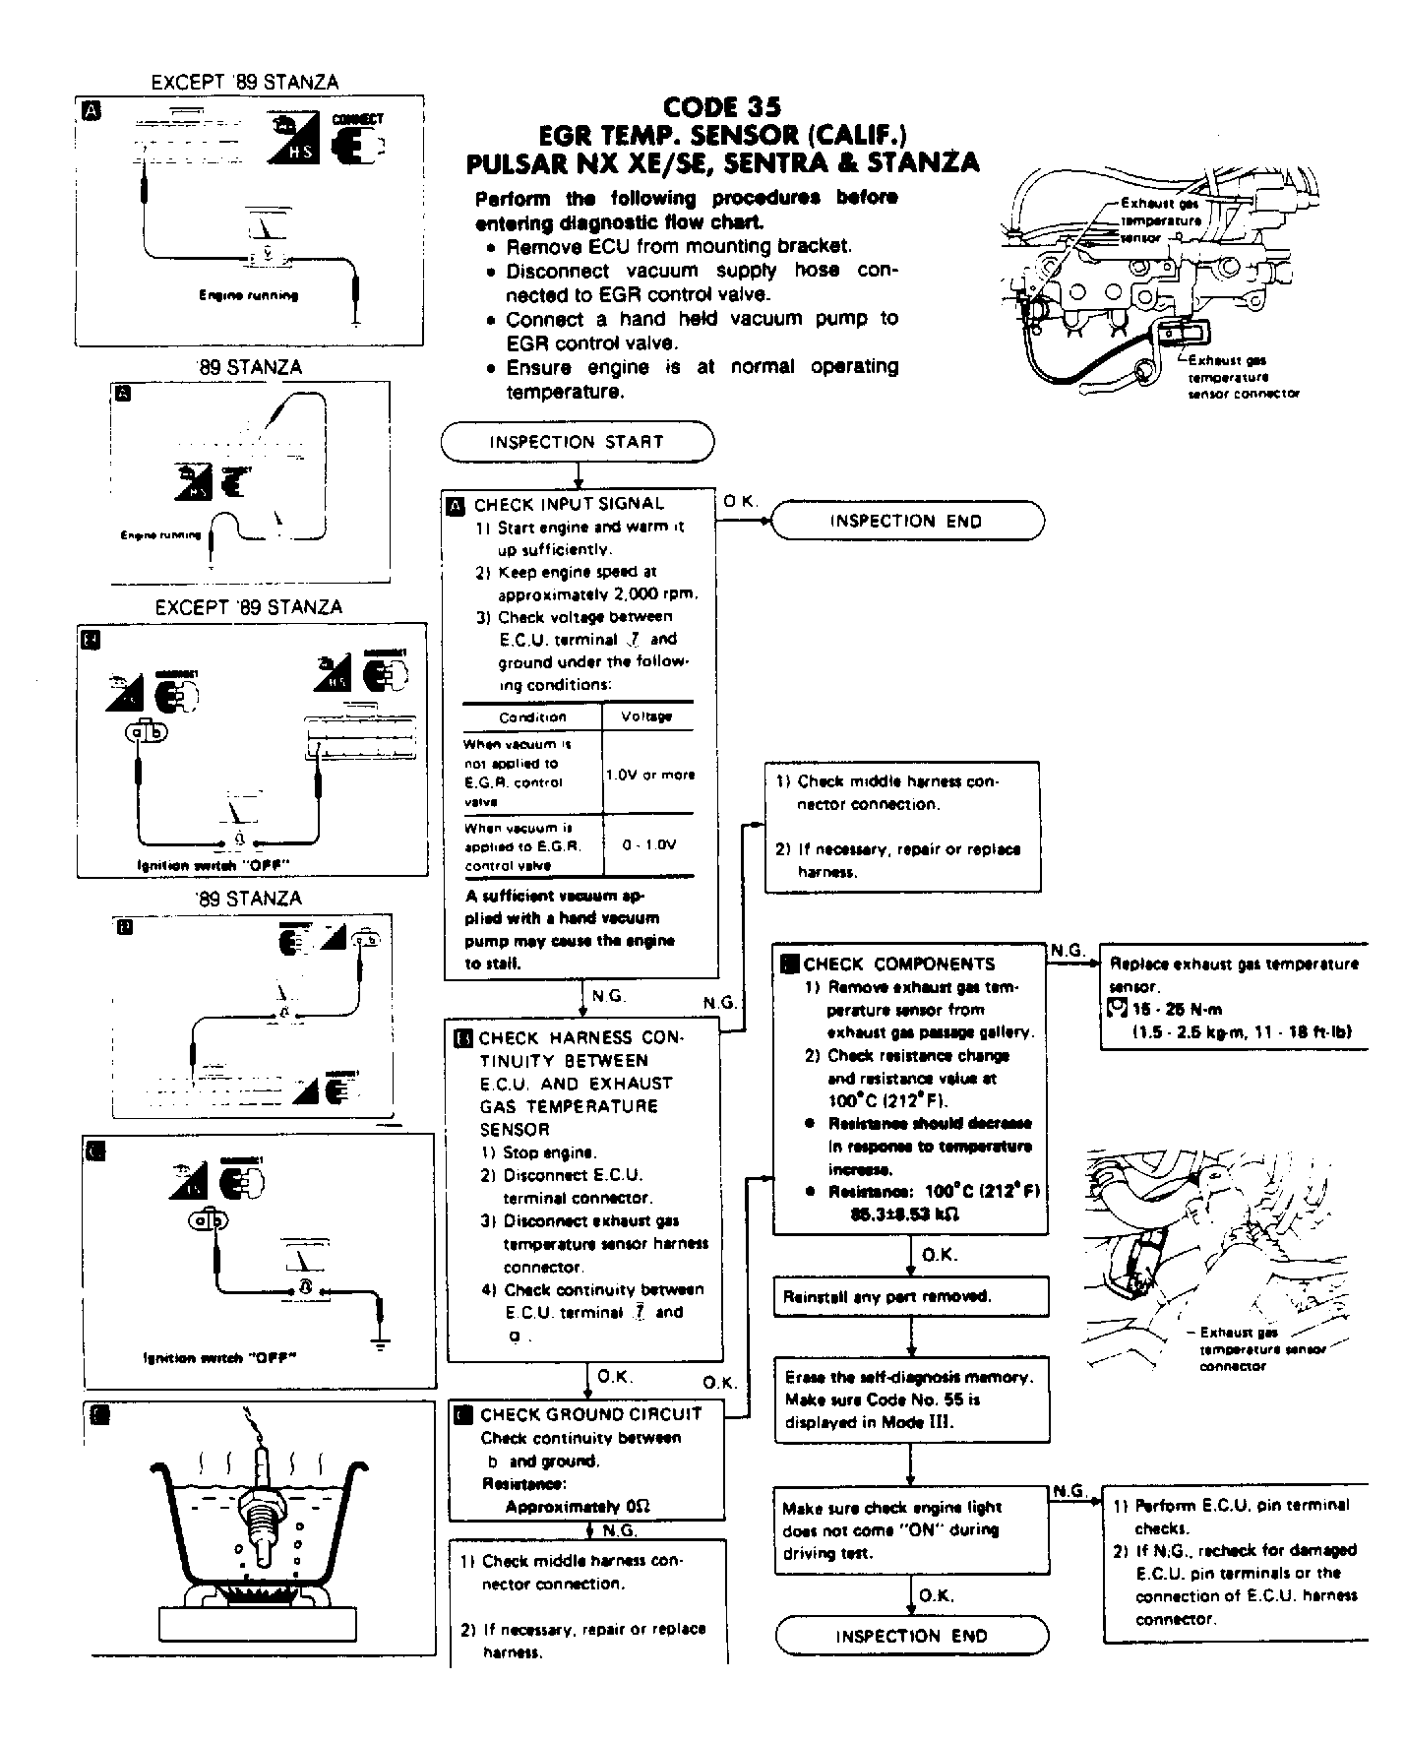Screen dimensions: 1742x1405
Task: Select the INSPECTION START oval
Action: pyautogui.click(x=577, y=442)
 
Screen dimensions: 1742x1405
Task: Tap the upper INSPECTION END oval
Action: pyautogui.click(x=905, y=521)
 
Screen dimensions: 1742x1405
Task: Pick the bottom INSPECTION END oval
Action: pyautogui.click(x=911, y=1636)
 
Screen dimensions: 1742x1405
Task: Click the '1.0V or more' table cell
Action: pyautogui.click(x=649, y=775)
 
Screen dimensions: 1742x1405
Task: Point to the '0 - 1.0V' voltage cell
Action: pyautogui.click(x=649, y=844)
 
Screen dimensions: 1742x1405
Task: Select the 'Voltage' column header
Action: pyautogui.click(x=646, y=716)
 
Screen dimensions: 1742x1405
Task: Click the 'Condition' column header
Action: pyautogui.click(x=532, y=716)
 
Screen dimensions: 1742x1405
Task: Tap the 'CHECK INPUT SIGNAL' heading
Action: pyautogui.click(x=569, y=505)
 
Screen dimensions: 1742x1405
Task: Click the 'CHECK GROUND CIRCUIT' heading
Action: pyautogui.click(x=590, y=1414)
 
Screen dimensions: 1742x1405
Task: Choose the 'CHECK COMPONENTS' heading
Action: pyautogui.click(x=898, y=964)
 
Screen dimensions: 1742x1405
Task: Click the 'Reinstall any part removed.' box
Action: pyautogui.click(x=911, y=1297)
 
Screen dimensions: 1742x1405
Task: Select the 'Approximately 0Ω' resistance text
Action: pyautogui.click(x=578, y=1506)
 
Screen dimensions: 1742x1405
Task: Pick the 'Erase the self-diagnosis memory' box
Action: pyautogui.click(x=911, y=1400)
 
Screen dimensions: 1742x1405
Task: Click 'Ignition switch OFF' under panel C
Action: pyautogui.click(x=220, y=1358)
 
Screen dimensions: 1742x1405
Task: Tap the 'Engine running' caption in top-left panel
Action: pyautogui.click(x=248, y=295)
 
